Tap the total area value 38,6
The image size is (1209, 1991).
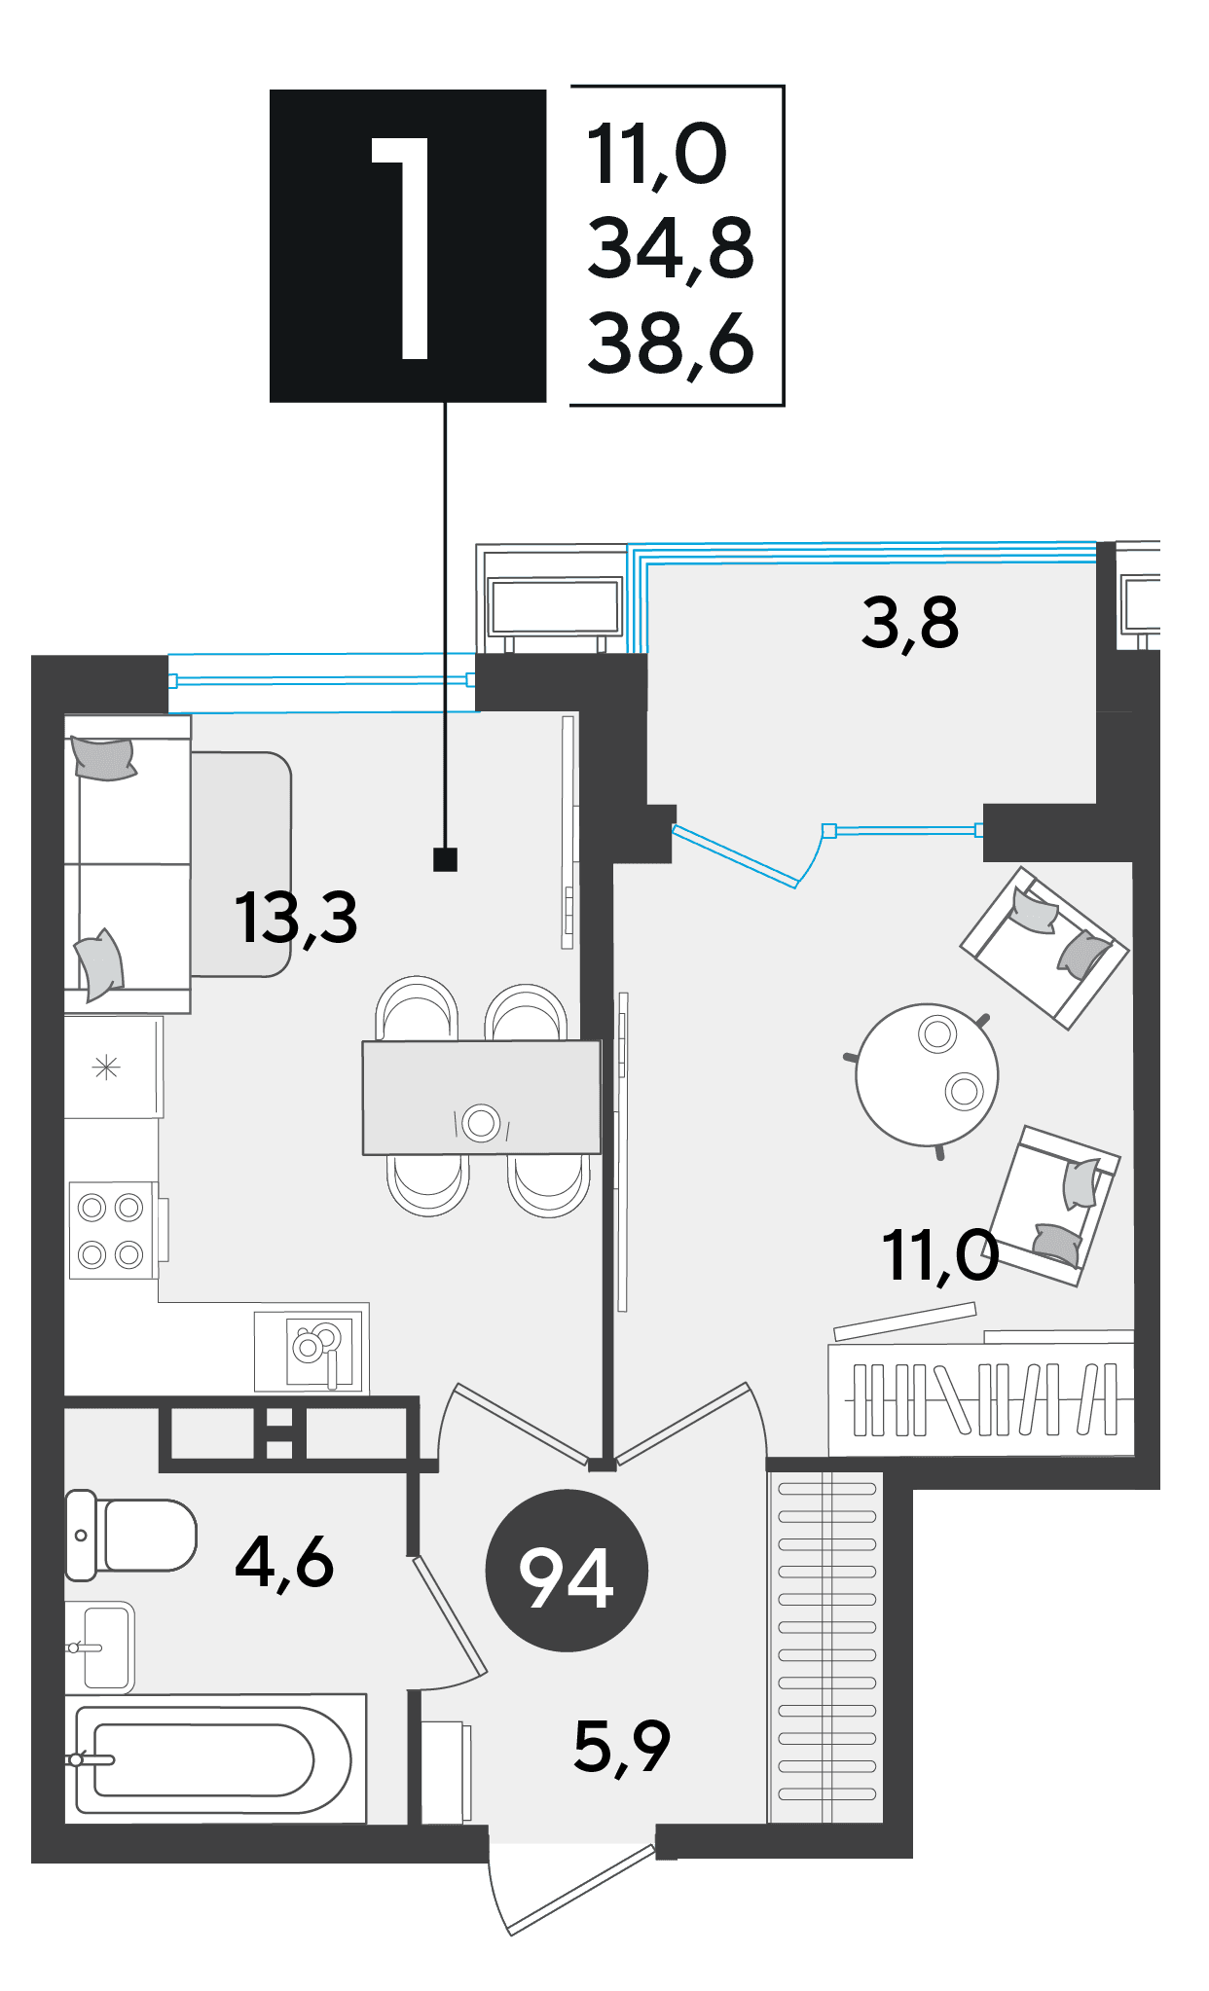pos(671,344)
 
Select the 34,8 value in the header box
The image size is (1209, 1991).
pos(671,248)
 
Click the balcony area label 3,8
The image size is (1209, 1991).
pos(909,624)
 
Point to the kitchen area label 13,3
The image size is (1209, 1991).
pos(296,918)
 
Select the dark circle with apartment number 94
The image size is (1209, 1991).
pos(567,1571)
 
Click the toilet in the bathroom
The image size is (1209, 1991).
pos(130,1535)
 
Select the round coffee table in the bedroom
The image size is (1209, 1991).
pos(927,1074)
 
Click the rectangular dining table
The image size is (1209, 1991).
pos(482,1098)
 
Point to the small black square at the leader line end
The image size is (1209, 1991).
pos(445,859)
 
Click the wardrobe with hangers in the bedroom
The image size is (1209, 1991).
pos(981,1399)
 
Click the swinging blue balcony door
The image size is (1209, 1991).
pos(750,854)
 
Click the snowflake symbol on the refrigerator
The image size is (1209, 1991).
pos(106,1068)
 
